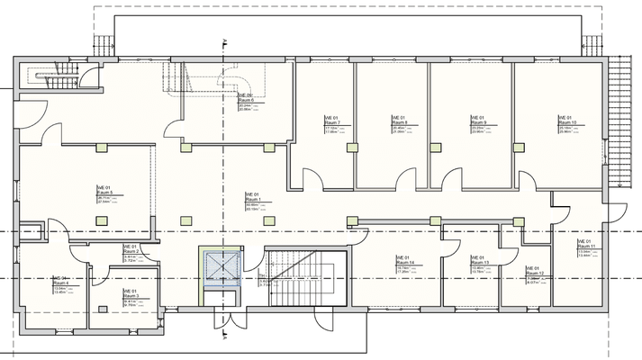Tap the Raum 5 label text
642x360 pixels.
(x=103, y=192)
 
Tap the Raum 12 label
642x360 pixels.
(x=534, y=274)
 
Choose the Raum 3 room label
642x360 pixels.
(x=130, y=296)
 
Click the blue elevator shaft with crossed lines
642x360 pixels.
(x=219, y=267)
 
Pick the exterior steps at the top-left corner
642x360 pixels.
(x=104, y=40)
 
